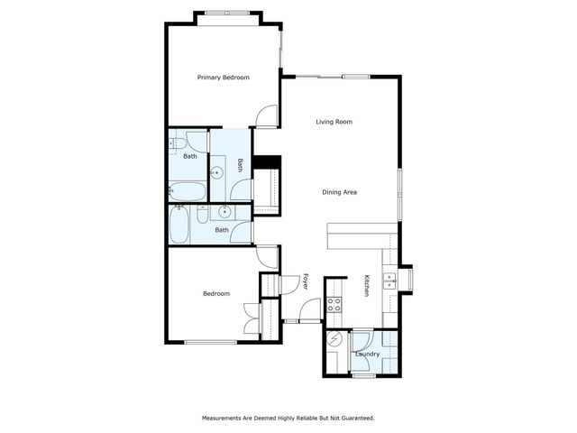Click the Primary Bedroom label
point(224,78)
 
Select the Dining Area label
point(341,191)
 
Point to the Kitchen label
point(367,286)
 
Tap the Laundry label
point(367,354)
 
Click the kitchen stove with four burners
point(334,304)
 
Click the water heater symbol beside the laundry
point(335,341)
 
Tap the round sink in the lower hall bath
point(225,213)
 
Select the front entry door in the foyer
point(309,311)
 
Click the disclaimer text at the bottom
point(288,419)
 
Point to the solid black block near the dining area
point(266,162)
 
